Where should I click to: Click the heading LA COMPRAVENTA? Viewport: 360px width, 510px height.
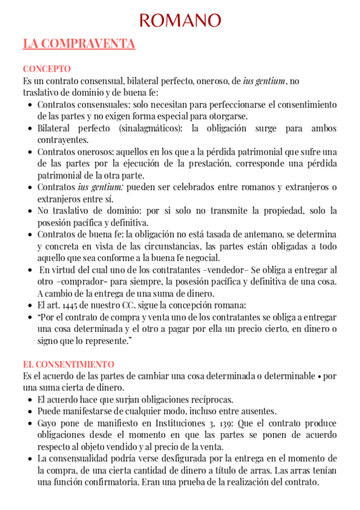[x=79, y=44]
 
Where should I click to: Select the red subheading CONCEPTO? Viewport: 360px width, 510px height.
[x=46, y=69]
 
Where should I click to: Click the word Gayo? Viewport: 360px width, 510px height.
[x=47, y=423]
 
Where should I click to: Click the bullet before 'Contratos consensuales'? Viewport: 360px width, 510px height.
[x=30, y=105]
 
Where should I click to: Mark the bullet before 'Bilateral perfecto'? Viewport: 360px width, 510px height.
[x=30, y=128]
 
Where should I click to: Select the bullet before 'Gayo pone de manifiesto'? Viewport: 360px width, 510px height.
[x=30, y=423]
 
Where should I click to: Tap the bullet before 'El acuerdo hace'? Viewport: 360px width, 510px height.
[x=30, y=399]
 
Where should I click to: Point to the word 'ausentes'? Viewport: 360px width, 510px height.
[x=255, y=411]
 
